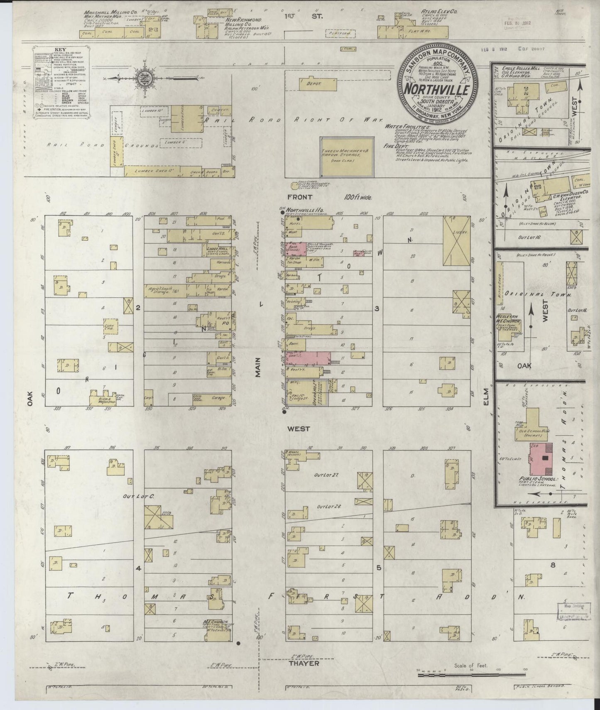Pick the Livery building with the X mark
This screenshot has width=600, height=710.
coord(457,241)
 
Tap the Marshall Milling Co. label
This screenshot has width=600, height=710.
coord(102,13)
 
